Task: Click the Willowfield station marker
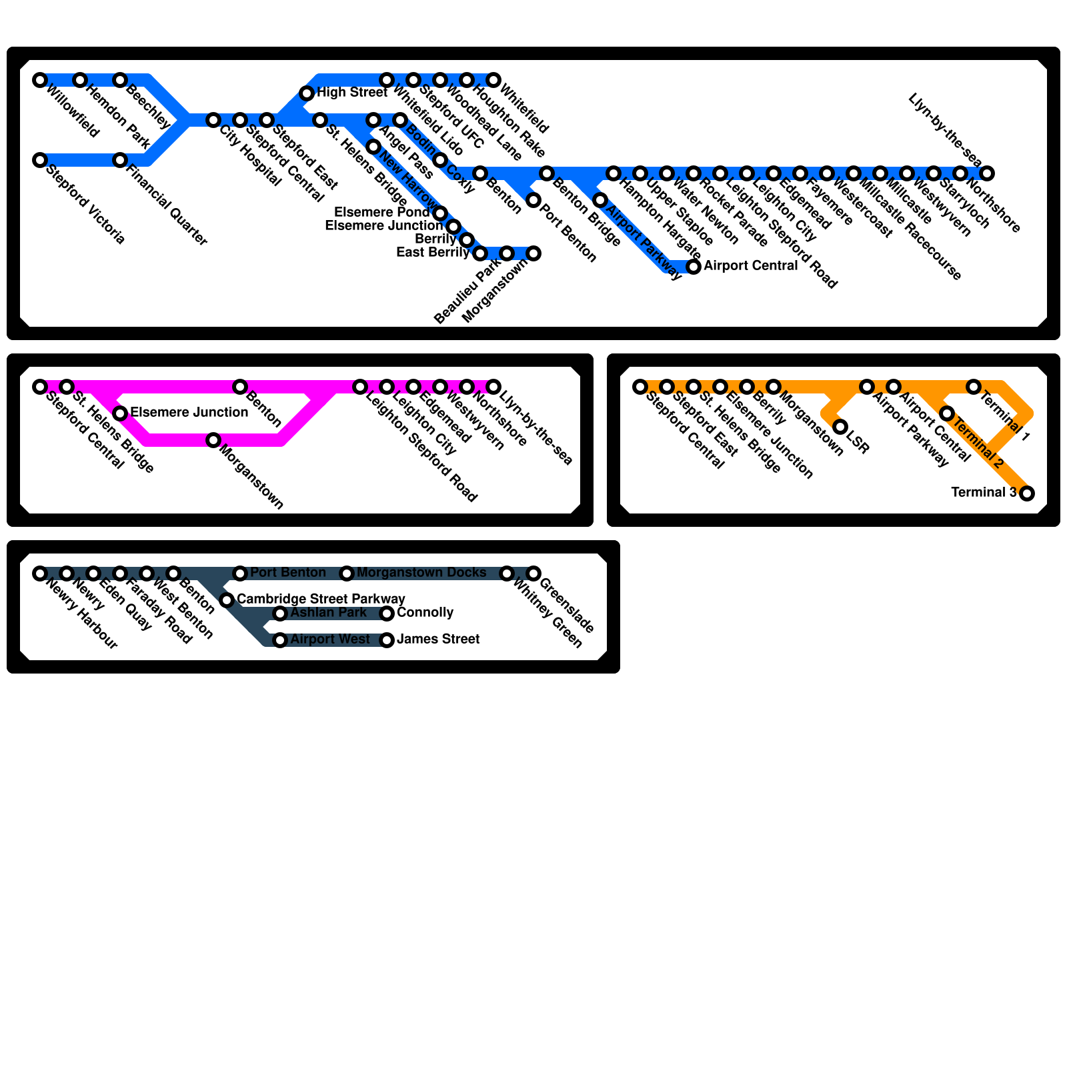pos(40,80)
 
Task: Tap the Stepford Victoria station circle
pos(40,160)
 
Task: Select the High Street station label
pos(351,93)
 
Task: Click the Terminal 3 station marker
pos(1027,493)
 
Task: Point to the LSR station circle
pos(840,427)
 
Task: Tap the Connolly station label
pos(425,613)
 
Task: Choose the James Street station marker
pos(387,640)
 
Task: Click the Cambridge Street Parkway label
pos(321,600)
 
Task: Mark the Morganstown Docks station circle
pos(347,574)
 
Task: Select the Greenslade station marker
pos(533,574)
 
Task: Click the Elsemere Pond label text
pos(381,213)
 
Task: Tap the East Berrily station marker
pos(480,253)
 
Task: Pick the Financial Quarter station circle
pos(120,160)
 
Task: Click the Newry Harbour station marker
pos(40,574)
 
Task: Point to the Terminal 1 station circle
pos(974,387)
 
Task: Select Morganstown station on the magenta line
pos(213,440)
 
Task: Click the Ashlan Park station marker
pos(280,614)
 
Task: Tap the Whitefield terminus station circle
pos(493,80)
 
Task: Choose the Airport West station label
pos(329,640)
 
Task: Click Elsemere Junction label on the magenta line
pos(189,413)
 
